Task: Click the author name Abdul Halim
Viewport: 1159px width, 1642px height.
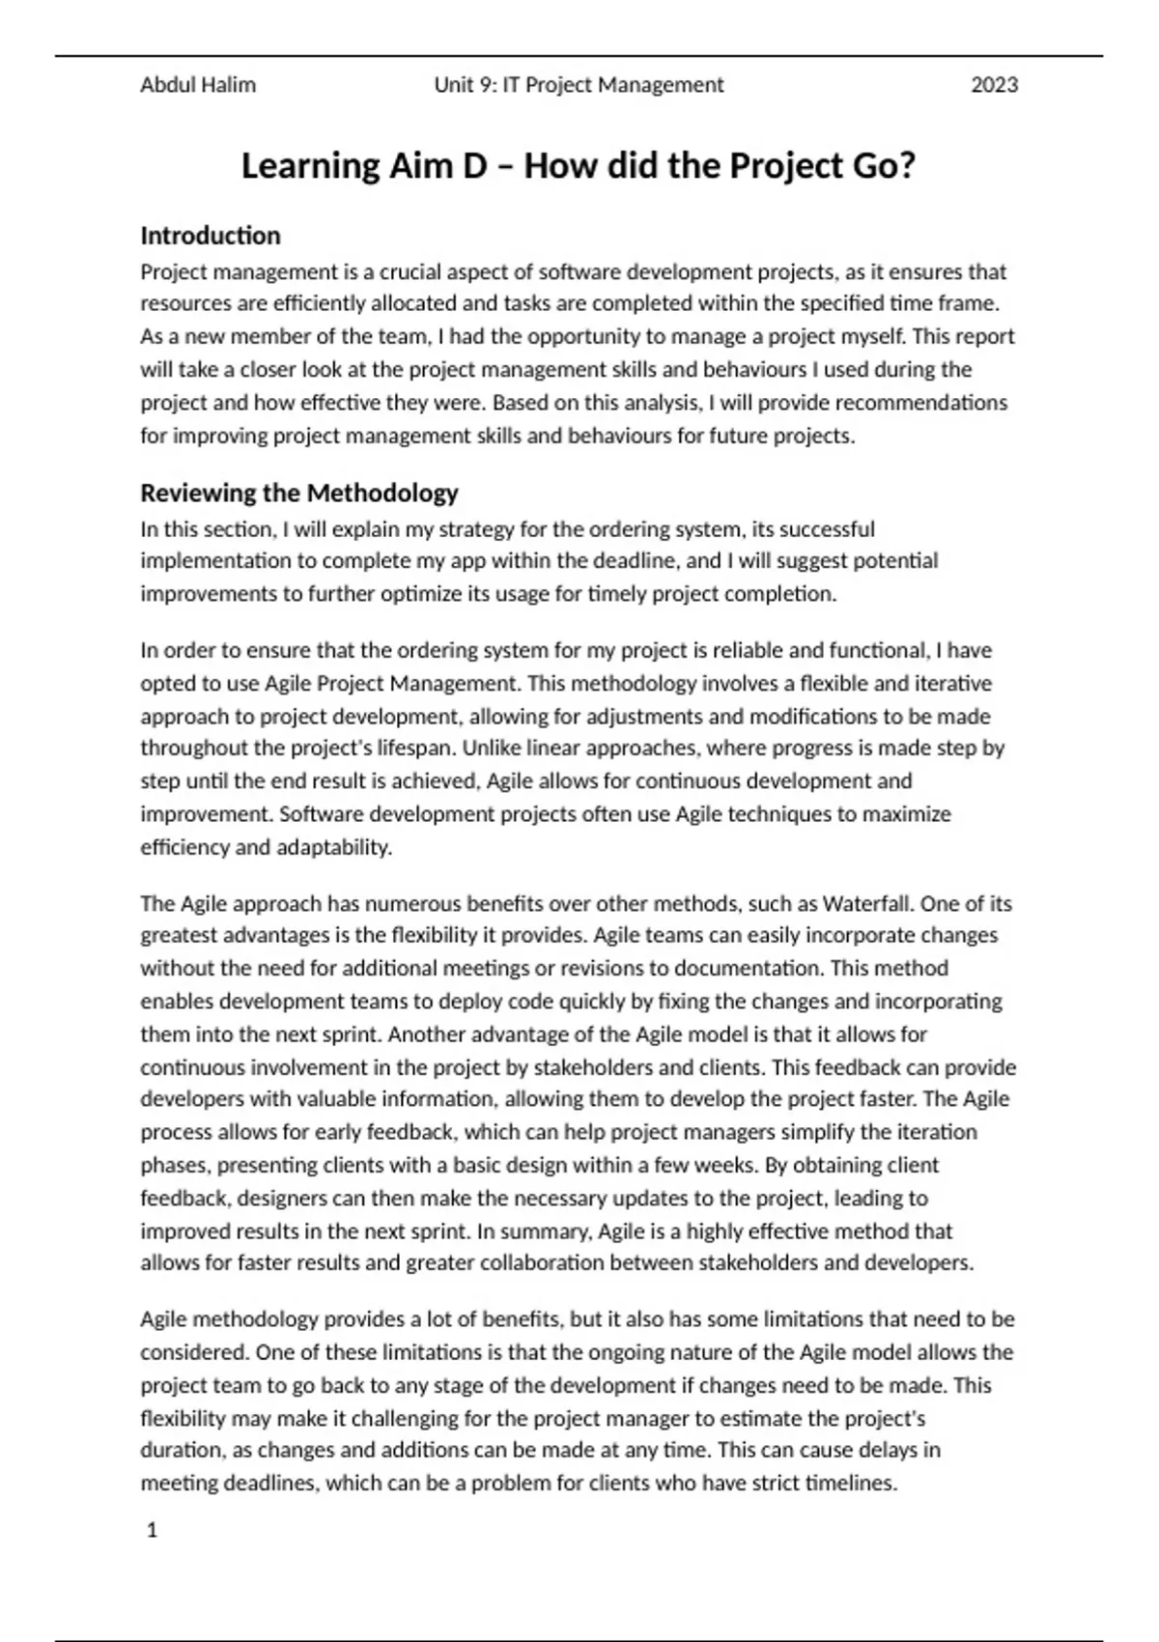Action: [198, 85]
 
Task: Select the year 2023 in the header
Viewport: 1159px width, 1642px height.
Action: [994, 85]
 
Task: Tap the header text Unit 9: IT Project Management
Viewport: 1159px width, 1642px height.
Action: [579, 85]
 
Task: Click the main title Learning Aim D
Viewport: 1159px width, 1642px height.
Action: [578, 166]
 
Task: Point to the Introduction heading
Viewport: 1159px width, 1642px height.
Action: [211, 236]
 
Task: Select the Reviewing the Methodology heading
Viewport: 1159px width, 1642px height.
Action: [299, 493]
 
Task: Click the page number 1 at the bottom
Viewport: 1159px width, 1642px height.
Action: [152, 1530]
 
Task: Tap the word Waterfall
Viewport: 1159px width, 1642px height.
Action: [867, 904]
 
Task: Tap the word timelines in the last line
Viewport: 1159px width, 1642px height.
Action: [851, 1484]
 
